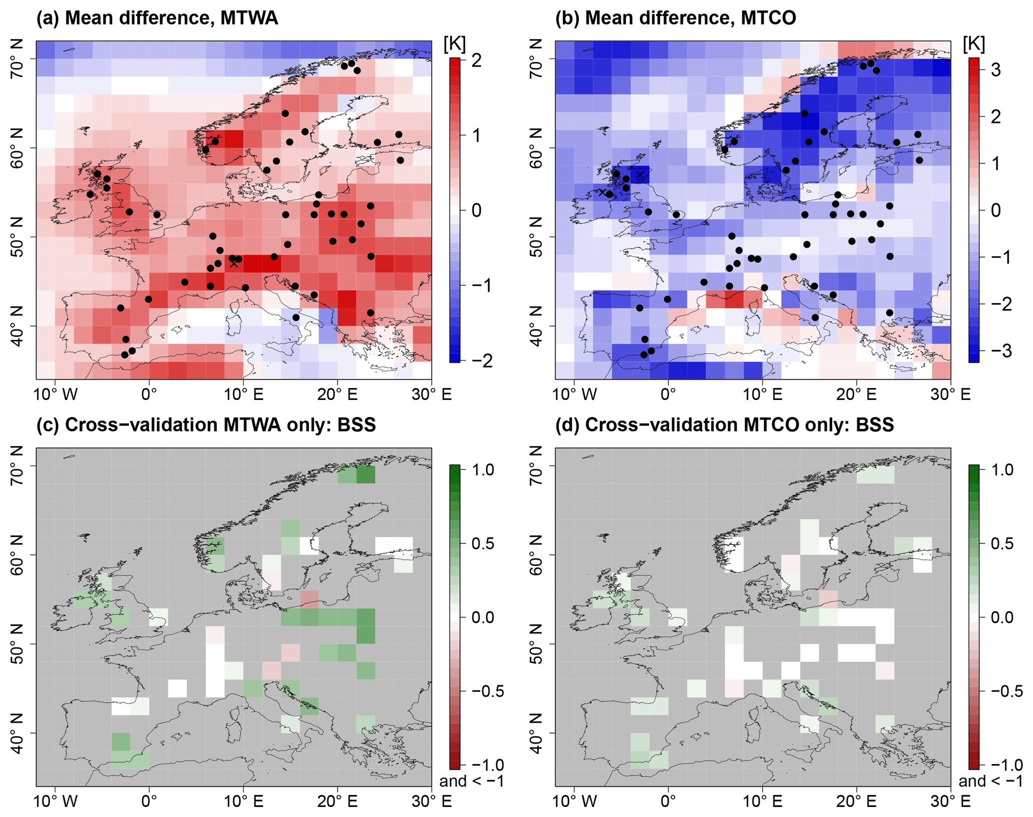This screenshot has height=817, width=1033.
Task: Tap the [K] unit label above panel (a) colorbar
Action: point(454,45)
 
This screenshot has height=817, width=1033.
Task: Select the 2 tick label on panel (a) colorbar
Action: point(477,60)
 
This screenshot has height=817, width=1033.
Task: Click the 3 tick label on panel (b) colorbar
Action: point(996,70)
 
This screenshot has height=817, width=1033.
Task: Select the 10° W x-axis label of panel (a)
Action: point(55,395)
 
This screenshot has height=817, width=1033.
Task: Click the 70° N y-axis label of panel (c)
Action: point(17,466)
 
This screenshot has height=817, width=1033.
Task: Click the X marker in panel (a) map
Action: point(234,263)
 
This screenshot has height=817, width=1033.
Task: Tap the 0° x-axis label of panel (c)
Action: point(149,802)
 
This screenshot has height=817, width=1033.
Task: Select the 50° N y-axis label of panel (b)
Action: point(536,237)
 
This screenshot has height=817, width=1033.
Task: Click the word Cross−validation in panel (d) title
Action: point(661,425)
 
